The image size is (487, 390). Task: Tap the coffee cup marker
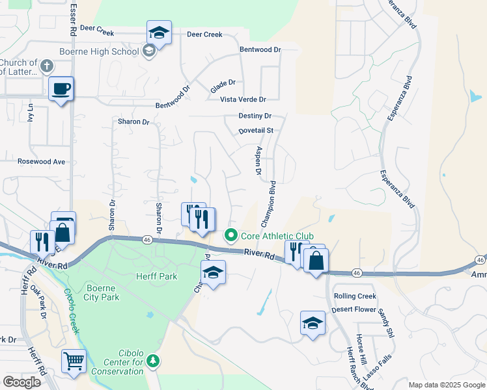[61, 89]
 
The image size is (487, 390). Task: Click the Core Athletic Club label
[277, 235]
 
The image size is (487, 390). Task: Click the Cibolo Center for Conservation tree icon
[153, 359]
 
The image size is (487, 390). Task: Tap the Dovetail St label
[255, 130]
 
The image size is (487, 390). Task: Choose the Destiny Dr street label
[255, 116]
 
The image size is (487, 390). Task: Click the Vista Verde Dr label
[243, 99]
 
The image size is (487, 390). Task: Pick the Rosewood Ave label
[42, 161]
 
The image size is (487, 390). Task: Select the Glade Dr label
[223, 83]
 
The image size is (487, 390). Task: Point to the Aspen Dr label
[258, 161]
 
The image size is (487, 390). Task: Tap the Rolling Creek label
[355, 296]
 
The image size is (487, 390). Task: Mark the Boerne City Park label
[102, 292]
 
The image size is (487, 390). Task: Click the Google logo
[21, 382]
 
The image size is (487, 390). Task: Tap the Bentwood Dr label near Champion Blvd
[260, 49]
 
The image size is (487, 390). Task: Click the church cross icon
[46, 66]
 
